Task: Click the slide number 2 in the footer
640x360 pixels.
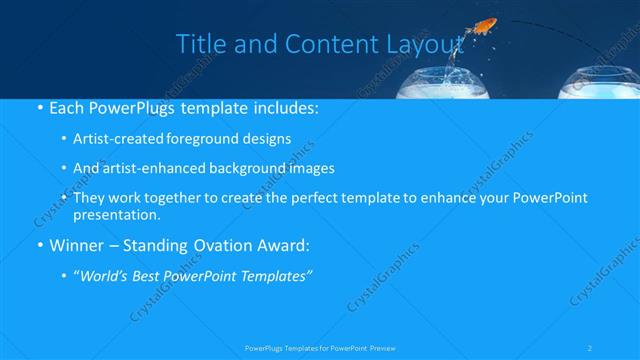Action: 592,348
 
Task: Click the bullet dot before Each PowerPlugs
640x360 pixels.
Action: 39,106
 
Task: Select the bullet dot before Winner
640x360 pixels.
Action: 39,245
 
